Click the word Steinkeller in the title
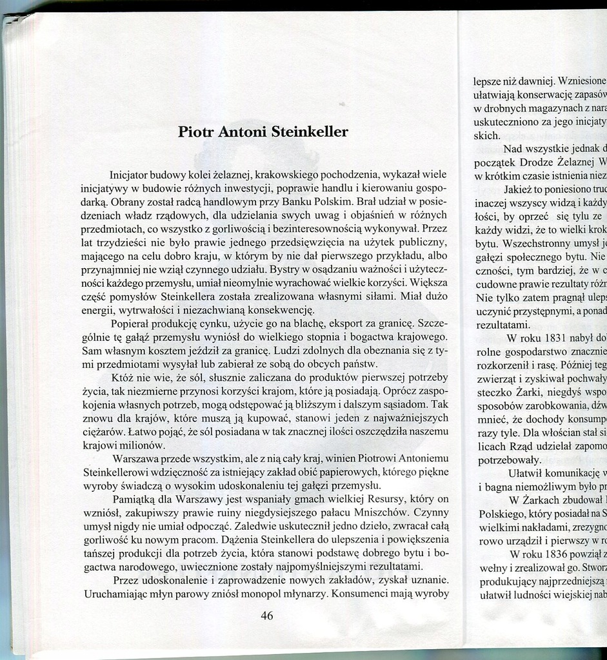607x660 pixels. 309,132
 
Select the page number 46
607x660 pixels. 266,616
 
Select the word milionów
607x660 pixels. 144,445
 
